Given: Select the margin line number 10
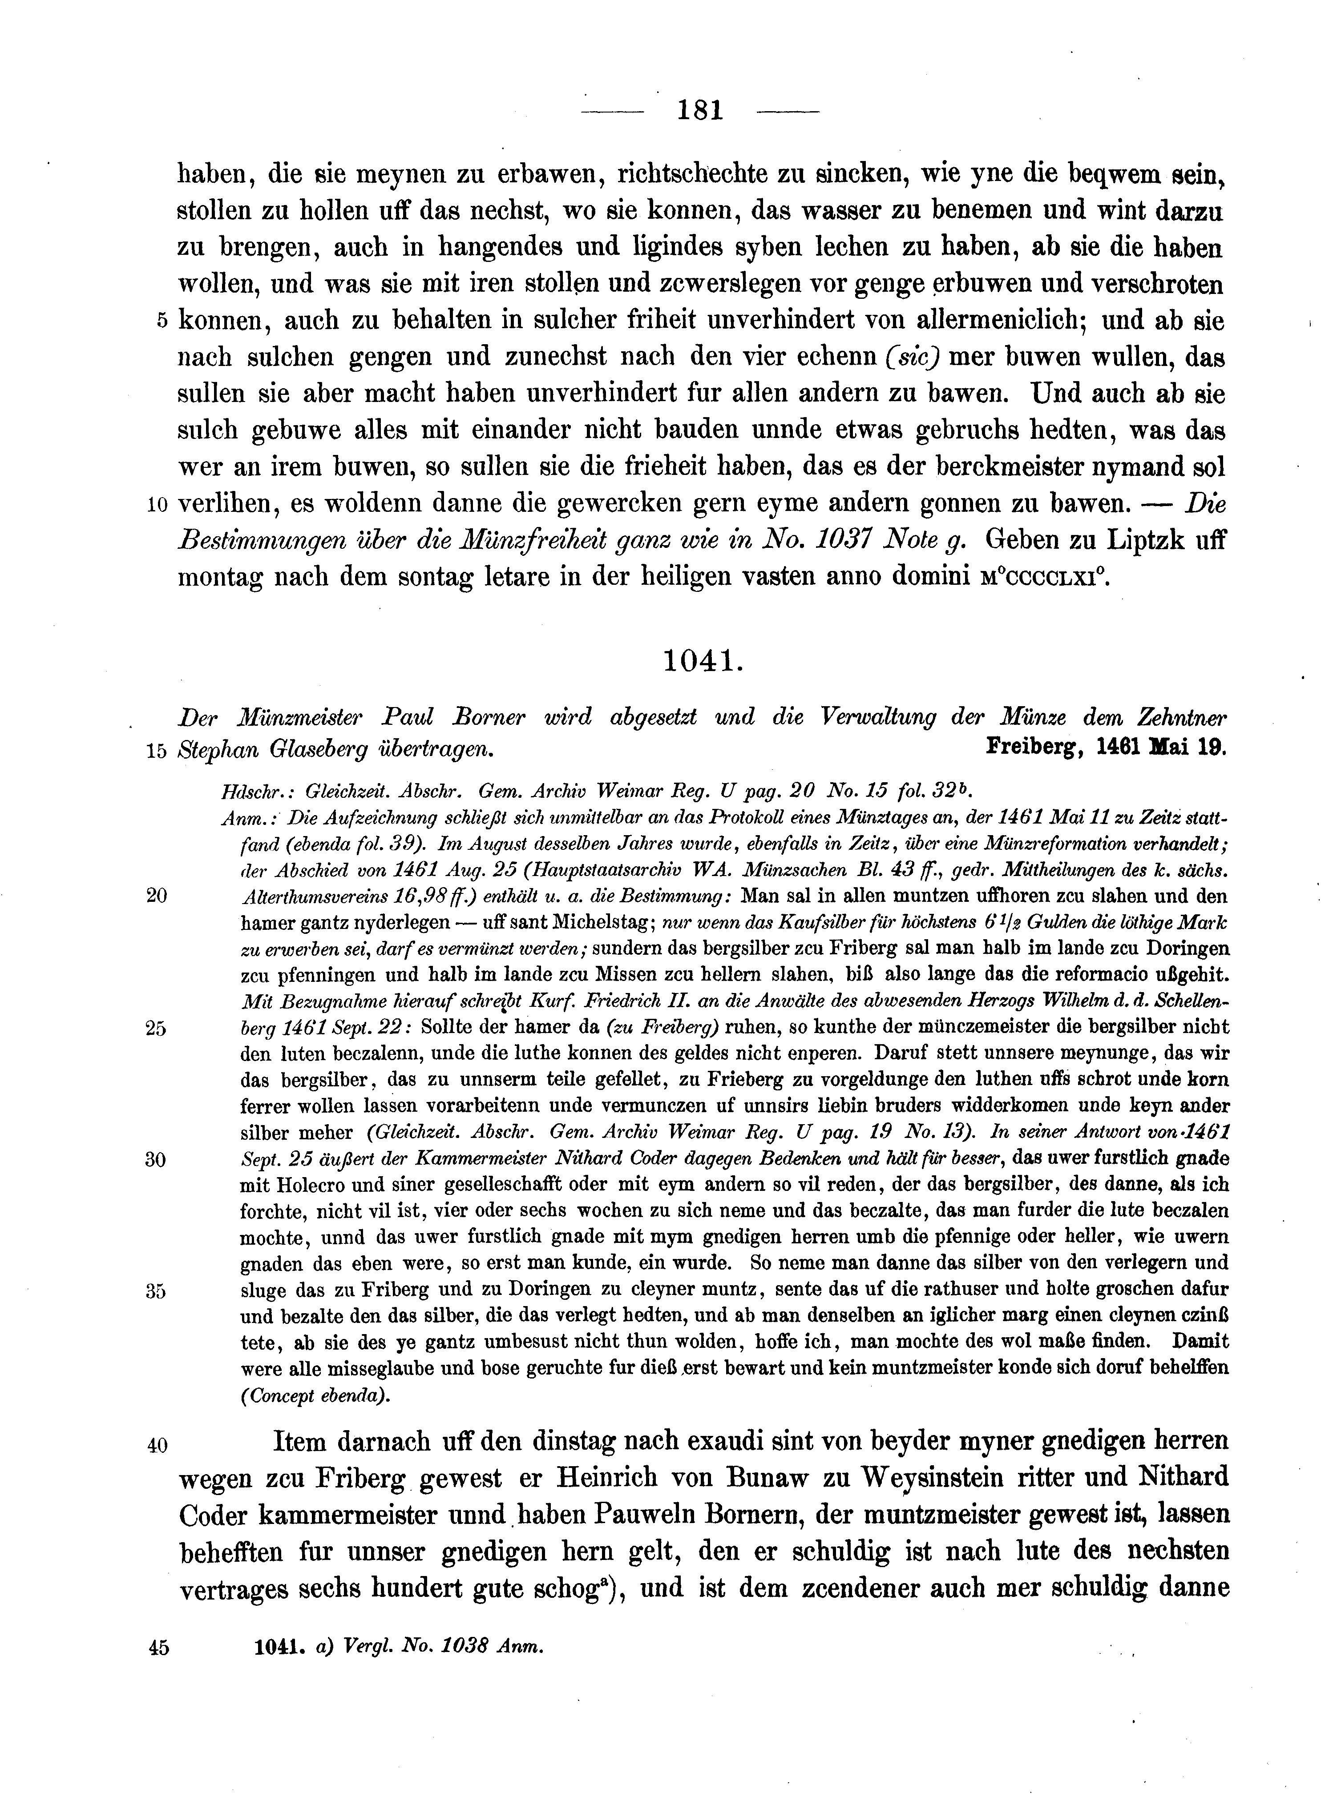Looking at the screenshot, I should [158, 505].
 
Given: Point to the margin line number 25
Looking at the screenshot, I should [156, 1029].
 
